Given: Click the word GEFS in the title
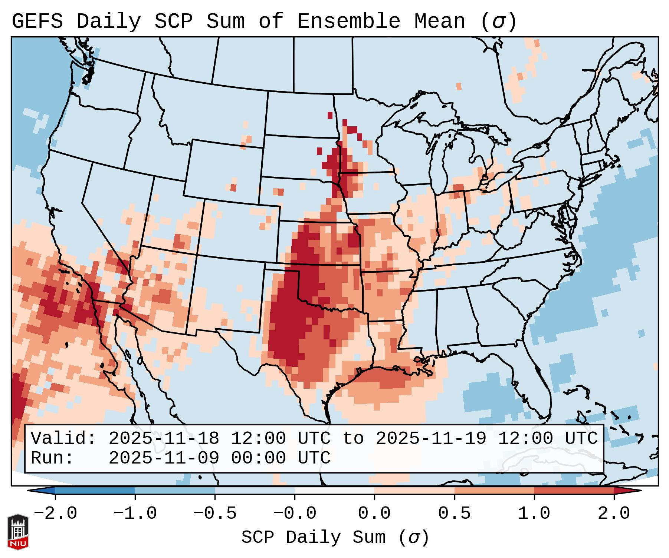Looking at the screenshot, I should click(x=37, y=21).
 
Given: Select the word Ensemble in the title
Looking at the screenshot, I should click(x=348, y=21).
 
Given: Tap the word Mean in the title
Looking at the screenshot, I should click(x=439, y=21).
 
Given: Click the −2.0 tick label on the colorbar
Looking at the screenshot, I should click(x=55, y=514).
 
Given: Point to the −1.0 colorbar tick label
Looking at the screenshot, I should click(x=135, y=514).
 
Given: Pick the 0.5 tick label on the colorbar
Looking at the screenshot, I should click(x=454, y=514).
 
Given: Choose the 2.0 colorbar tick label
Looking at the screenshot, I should click(x=614, y=514).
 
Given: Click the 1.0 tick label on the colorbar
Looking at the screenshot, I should click(x=534, y=514).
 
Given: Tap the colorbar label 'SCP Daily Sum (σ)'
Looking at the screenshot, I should click(x=335, y=538).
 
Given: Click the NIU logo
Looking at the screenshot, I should click(x=18, y=532).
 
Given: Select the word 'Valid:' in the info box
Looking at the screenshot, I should click(x=63, y=439).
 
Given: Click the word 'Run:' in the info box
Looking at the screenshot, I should click(x=52, y=458).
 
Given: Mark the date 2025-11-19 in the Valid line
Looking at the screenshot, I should click(x=431, y=439).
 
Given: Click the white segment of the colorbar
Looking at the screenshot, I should click(x=334, y=491).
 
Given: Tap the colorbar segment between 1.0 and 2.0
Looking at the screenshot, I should click(x=574, y=491).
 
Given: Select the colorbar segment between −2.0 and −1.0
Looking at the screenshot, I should click(x=95, y=491).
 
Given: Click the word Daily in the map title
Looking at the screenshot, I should click(x=108, y=21).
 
